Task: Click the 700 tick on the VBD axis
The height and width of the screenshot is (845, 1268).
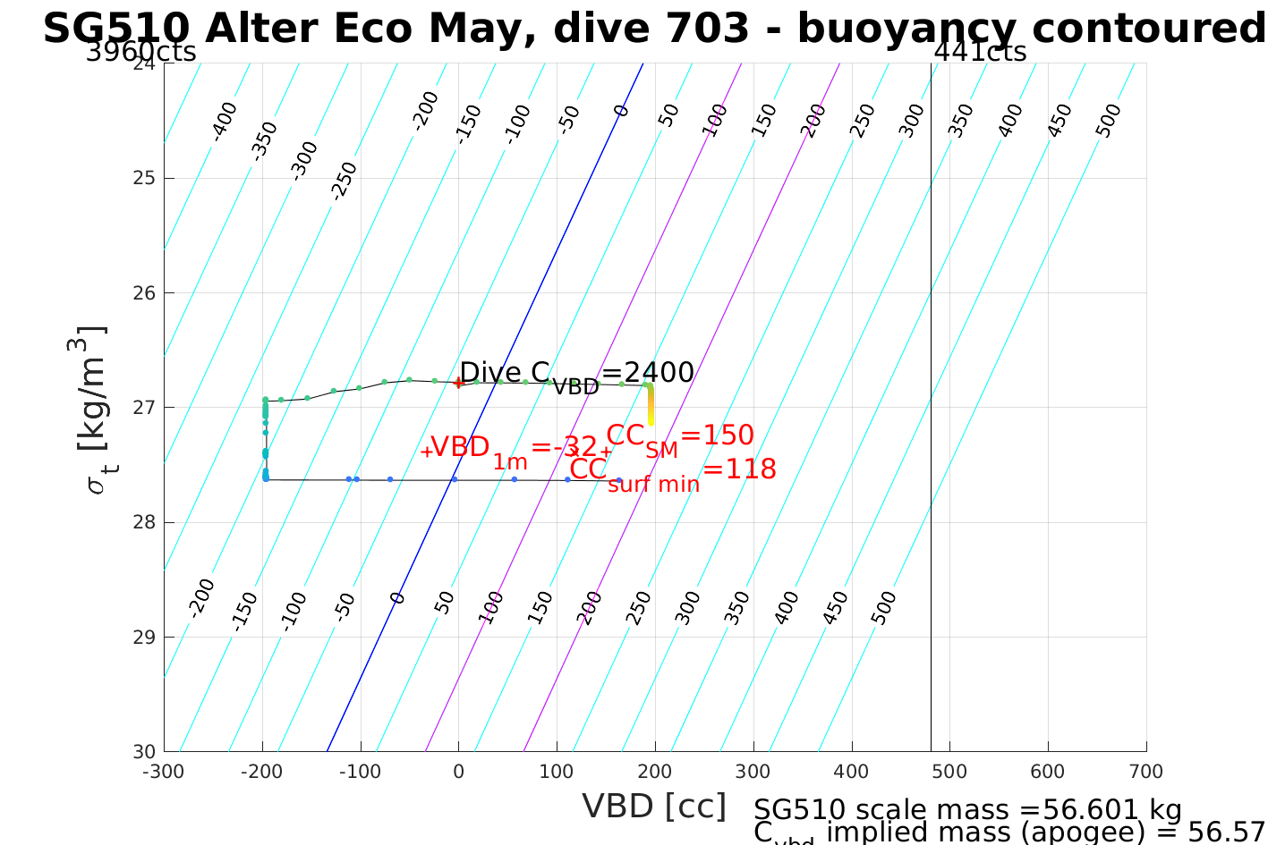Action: tap(1145, 772)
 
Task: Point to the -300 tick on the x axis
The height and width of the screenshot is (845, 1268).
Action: tap(164, 772)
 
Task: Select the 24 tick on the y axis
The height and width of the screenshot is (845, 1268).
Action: tap(145, 63)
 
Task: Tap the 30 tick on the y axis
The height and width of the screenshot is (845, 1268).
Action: tap(145, 751)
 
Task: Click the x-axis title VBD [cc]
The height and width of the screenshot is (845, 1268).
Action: tap(654, 807)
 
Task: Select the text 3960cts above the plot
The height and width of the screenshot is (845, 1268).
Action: tap(140, 52)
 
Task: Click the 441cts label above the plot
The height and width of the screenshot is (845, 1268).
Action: tap(980, 52)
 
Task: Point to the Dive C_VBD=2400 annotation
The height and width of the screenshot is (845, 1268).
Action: tap(577, 374)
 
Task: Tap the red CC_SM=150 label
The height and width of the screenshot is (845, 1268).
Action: tap(680, 437)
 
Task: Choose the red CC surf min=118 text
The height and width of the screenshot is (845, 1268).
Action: tap(672, 471)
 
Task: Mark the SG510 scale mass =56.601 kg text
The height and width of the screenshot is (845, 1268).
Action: tap(967, 810)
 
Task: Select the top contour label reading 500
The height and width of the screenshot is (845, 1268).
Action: tap(1108, 121)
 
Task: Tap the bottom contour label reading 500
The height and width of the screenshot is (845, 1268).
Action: tap(882, 609)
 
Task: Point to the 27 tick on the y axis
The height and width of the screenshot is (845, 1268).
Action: tap(145, 408)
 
